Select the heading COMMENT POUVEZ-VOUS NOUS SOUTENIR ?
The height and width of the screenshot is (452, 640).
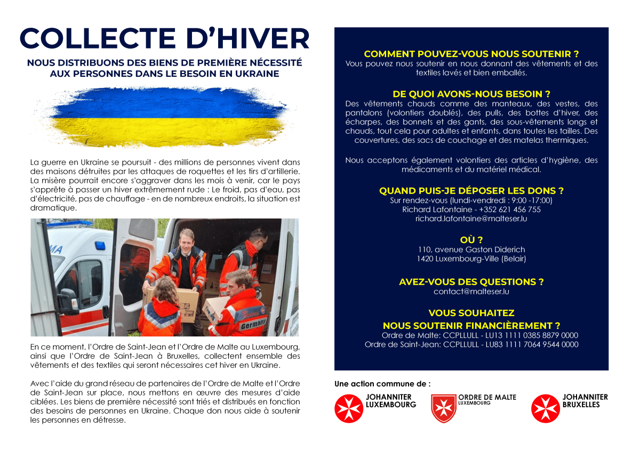coord(471,54)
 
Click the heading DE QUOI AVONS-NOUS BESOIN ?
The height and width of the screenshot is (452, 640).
coord(471,94)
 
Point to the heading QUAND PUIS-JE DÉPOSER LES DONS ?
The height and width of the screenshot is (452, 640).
coord(471,190)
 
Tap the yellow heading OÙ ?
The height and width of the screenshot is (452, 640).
coord(471,239)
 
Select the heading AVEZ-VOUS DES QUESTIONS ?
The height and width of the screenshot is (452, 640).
coord(471,281)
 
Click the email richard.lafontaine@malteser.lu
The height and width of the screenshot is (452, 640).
coord(471,219)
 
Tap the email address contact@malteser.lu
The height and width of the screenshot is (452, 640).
coord(471,292)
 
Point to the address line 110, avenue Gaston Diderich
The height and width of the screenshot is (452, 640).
coord(471,249)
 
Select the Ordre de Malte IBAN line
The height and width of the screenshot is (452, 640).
coord(479,335)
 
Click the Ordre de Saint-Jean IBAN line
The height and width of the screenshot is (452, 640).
coord(471,344)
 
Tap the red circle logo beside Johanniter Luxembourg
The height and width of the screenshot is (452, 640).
coord(348,409)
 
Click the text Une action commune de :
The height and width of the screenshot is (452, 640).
coord(382,384)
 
